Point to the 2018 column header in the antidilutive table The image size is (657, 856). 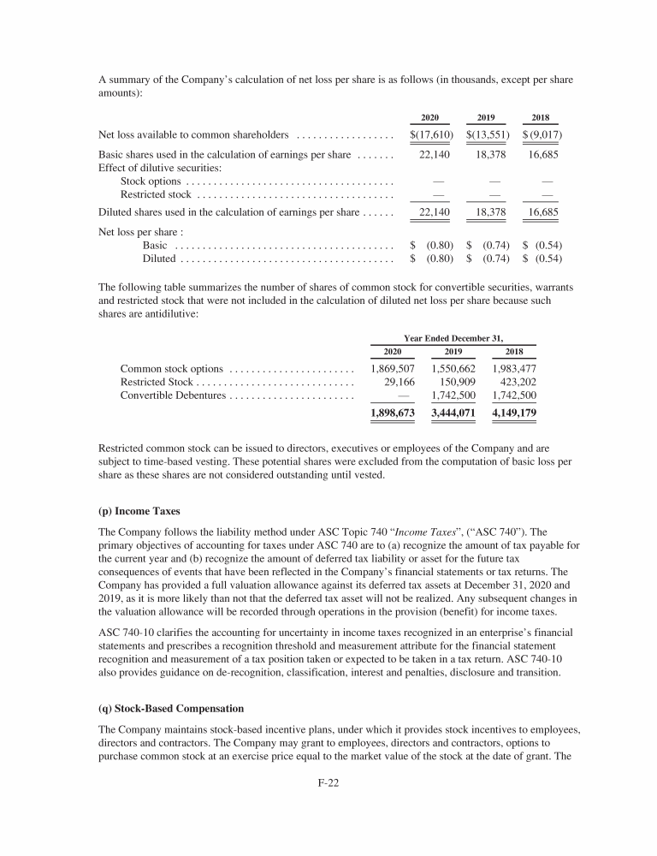coord(514,351)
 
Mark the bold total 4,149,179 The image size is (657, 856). coord(514,413)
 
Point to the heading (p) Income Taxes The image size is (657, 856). coord(139,511)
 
